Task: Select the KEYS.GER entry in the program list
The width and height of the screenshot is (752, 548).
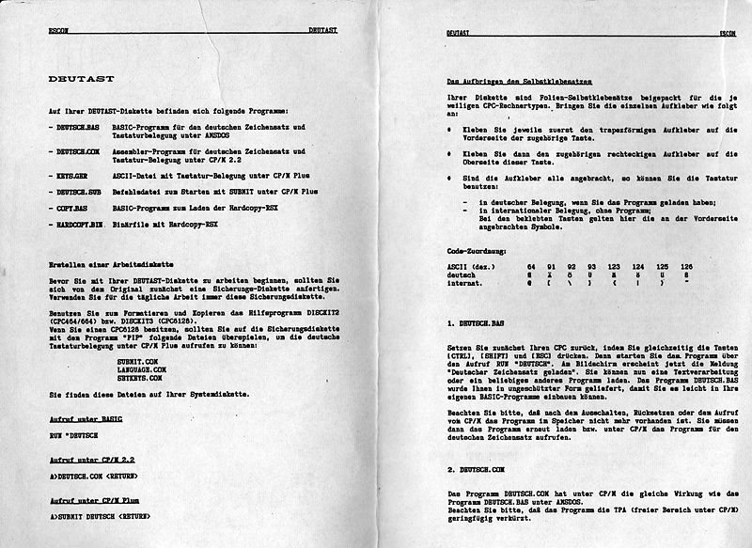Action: [68, 176]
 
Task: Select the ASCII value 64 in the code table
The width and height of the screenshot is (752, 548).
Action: [532, 267]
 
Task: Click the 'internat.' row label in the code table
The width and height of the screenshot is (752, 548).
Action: [466, 283]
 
